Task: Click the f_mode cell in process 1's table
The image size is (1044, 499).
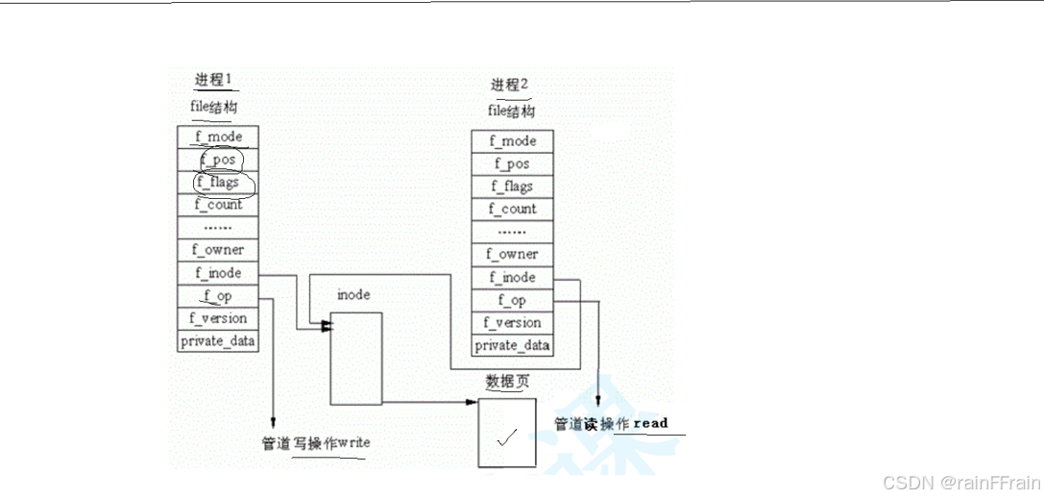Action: click(x=218, y=137)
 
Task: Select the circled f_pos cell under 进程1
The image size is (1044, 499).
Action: click(x=218, y=159)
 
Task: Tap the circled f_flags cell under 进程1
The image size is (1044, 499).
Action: click(x=218, y=182)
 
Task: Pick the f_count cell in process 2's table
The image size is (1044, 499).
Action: click(x=512, y=209)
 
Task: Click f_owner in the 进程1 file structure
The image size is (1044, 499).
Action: click(x=218, y=250)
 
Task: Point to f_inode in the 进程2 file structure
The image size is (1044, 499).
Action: click(x=512, y=277)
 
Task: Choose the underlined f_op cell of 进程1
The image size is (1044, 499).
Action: click(x=218, y=295)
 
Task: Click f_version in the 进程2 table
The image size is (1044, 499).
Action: click(x=512, y=322)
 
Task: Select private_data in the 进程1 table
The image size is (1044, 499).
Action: click(x=218, y=340)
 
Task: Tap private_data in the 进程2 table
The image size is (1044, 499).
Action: click(x=512, y=345)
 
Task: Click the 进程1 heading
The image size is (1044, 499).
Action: click(x=213, y=79)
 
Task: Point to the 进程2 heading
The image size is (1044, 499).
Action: click(x=509, y=85)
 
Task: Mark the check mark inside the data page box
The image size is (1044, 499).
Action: click(x=507, y=437)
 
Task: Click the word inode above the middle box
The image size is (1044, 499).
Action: click(x=353, y=295)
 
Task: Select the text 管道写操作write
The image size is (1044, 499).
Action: click(x=316, y=443)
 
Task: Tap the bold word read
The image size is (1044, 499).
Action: click(x=650, y=423)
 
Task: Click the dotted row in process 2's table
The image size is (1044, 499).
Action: click(x=512, y=232)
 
